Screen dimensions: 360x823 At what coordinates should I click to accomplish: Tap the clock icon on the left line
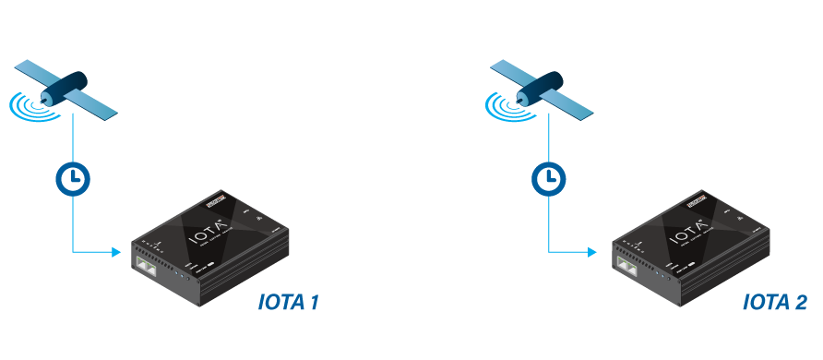(73, 175)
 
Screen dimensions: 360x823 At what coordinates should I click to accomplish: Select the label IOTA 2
(775, 303)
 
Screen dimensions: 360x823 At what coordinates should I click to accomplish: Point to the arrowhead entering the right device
(591, 251)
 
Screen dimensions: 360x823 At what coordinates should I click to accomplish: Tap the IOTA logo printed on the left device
(207, 229)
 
